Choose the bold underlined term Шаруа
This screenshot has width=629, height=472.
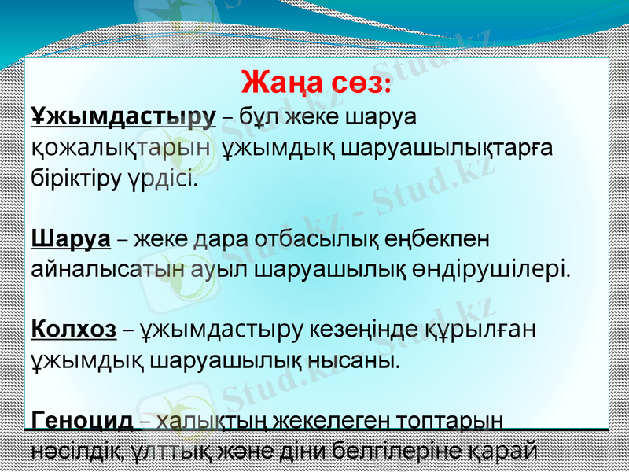(x=69, y=237)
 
